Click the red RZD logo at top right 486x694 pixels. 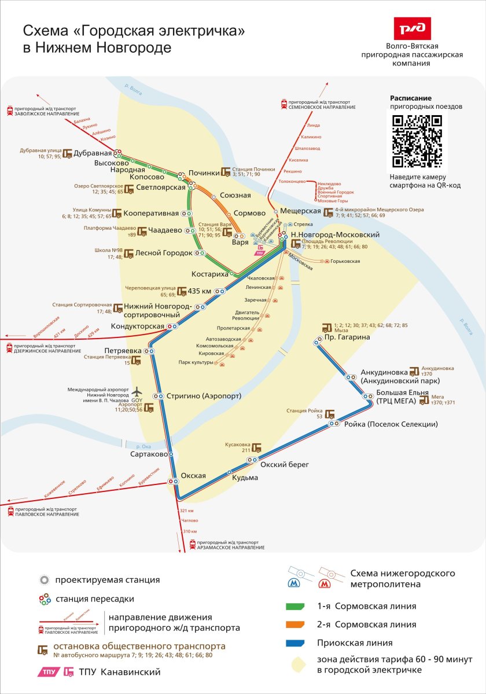(412, 28)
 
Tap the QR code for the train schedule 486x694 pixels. (417, 141)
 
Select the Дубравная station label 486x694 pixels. (95, 153)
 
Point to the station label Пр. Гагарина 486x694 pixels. (347, 337)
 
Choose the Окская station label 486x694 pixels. (193, 476)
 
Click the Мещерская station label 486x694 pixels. (300, 211)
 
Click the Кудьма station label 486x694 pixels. (245, 478)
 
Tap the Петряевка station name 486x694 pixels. (123, 351)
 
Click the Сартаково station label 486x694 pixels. (149, 455)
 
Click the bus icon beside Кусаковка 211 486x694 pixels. (257, 448)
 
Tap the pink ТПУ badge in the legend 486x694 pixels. (49, 672)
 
